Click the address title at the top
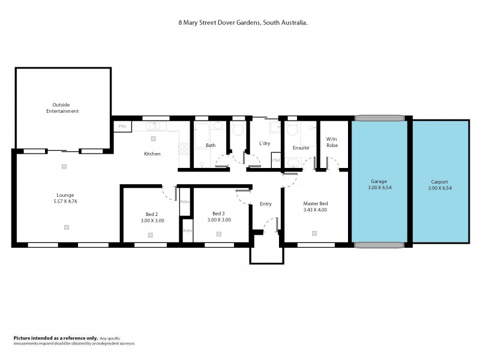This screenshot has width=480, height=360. pyautogui.click(x=243, y=22)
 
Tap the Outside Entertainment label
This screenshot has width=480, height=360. pyautogui.click(x=66, y=107)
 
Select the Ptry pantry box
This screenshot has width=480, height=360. pyautogui.click(x=122, y=126)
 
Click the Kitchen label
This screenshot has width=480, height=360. pyautogui.click(x=152, y=154)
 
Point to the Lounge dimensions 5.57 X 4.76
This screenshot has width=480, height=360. pyautogui.click(x=66, y=201)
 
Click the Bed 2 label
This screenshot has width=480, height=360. pyautogui.click(x=152, y=214)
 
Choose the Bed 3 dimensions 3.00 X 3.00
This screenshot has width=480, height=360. pyautogui.click(x=218, y=220)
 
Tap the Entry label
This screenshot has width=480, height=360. pyautogui.click(x=266, y=204)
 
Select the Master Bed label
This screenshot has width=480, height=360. pyautogui.click(x=315, y=204)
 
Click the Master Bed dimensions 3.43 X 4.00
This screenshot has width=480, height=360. pyautogui.click(x=315, y=210)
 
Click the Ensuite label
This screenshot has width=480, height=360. pyautogui.click(x=301, y=148)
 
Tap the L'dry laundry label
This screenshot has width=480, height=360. pyautogui.click(x=265, y=144)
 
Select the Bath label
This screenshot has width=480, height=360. pyautogui.click(x=211, y=145)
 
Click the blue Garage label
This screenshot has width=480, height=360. pyautogui.click(x=379, y=181)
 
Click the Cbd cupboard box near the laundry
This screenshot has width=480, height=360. pyautogui.click(x=276, y=160)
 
